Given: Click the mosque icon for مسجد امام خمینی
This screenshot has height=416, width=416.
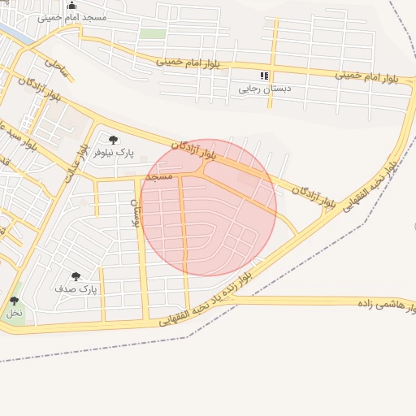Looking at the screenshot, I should (71, 5).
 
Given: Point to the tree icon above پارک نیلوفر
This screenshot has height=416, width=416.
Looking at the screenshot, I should (113, 140).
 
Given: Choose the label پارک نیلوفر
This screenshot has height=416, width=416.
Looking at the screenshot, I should (112, 152).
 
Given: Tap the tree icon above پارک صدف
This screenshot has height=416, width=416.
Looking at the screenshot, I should (76, 276).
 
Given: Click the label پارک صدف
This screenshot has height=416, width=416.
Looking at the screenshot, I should (76, 288).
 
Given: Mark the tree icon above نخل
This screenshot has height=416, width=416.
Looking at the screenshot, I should (14, 301).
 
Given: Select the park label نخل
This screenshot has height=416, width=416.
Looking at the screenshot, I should (14, 312).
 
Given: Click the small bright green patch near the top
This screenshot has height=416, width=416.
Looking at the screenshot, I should (151, 34).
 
